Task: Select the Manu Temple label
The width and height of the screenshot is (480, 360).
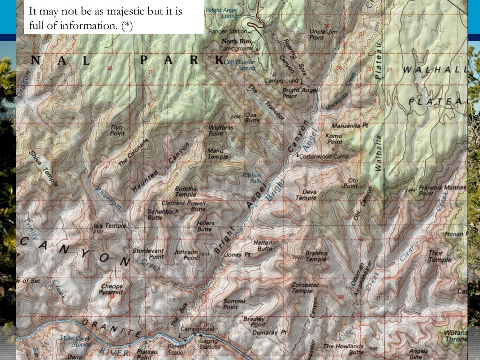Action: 218,154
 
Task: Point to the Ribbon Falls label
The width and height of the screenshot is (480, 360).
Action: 251,178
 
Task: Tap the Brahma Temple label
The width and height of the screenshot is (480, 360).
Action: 316,256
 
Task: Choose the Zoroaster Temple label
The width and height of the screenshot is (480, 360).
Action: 305,287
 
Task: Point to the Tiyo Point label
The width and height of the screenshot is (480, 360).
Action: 117,130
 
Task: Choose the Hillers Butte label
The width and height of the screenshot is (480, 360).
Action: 205,226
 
